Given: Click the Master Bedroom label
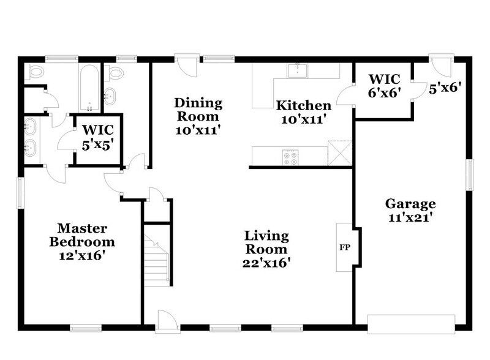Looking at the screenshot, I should click(82, 235).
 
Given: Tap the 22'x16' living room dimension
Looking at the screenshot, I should click(266, 262).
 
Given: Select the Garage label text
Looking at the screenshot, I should click(410, 204).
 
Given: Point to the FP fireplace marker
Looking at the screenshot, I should click(344, 248).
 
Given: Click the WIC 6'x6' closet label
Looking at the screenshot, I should click(383, 85).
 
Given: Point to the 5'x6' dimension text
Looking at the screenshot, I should click(443, 88).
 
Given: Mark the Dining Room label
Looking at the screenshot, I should click(197, 110).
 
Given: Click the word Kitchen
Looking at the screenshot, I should click(303, 105).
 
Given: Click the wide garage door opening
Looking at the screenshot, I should click(411, 321).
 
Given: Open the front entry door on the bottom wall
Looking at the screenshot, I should click(167, 321).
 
